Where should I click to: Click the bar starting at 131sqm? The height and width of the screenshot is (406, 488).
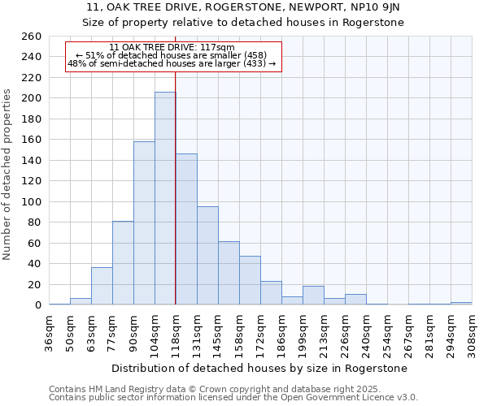(x=207, y=256)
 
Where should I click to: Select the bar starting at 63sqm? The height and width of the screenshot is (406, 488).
(x=102, y=286)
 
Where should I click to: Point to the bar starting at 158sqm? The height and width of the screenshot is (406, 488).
(x=250, y=280)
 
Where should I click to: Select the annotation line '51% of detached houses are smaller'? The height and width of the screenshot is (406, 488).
(x=172, y=55)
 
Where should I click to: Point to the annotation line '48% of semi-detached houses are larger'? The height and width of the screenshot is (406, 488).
(x=172, y=63)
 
